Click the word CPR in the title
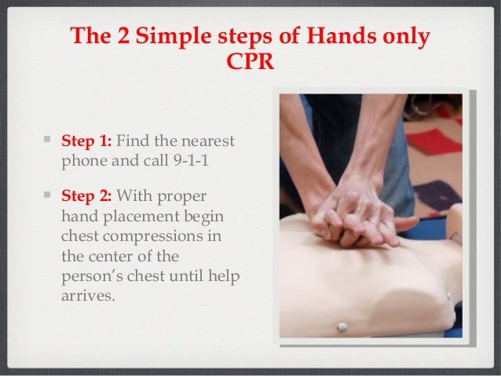[251, 61]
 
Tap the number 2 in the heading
[123, 35]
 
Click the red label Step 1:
[86, 141]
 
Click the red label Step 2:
[86, 195]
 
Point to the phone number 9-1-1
[191, 160]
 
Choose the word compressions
[152, 237]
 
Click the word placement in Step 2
[141, 217]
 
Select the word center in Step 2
[125, 257]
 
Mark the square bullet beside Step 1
[47, 139]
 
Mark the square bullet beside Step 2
[47, 194]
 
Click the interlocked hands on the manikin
[358, 217]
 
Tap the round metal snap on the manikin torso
[342, 327]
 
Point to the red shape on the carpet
[434, 141]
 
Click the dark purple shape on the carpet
[437, 195]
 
